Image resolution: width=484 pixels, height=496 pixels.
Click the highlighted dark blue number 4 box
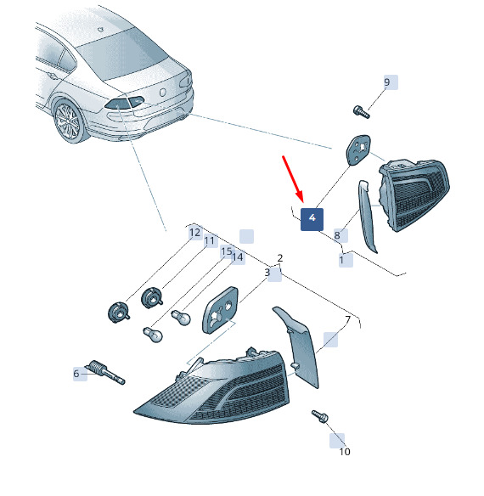[312, 219]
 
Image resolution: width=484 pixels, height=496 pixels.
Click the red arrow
[293, 178]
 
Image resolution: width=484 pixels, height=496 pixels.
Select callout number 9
[387, 82]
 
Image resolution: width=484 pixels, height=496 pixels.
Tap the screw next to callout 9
[361, 112]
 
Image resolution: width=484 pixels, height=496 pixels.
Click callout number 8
[337, 235]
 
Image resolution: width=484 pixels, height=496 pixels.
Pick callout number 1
[341, 260]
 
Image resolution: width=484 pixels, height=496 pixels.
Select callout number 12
[194, 233]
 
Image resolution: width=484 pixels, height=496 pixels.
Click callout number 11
[209, 241]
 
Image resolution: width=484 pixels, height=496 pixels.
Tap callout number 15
[227, 251]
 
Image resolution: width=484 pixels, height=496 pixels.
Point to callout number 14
[238, 257]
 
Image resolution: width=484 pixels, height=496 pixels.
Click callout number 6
[76, 374]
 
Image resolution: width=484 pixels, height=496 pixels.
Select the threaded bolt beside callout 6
[107, 372]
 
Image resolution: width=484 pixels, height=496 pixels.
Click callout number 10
[345, 452]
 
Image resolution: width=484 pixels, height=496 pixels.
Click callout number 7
[347, 320]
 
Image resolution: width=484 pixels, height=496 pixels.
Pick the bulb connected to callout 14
[181, 318]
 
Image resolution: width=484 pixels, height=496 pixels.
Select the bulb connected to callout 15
[153, 334]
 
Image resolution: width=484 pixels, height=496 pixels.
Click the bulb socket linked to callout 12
[118, 313]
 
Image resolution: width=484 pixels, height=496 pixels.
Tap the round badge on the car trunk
[162, 93]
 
